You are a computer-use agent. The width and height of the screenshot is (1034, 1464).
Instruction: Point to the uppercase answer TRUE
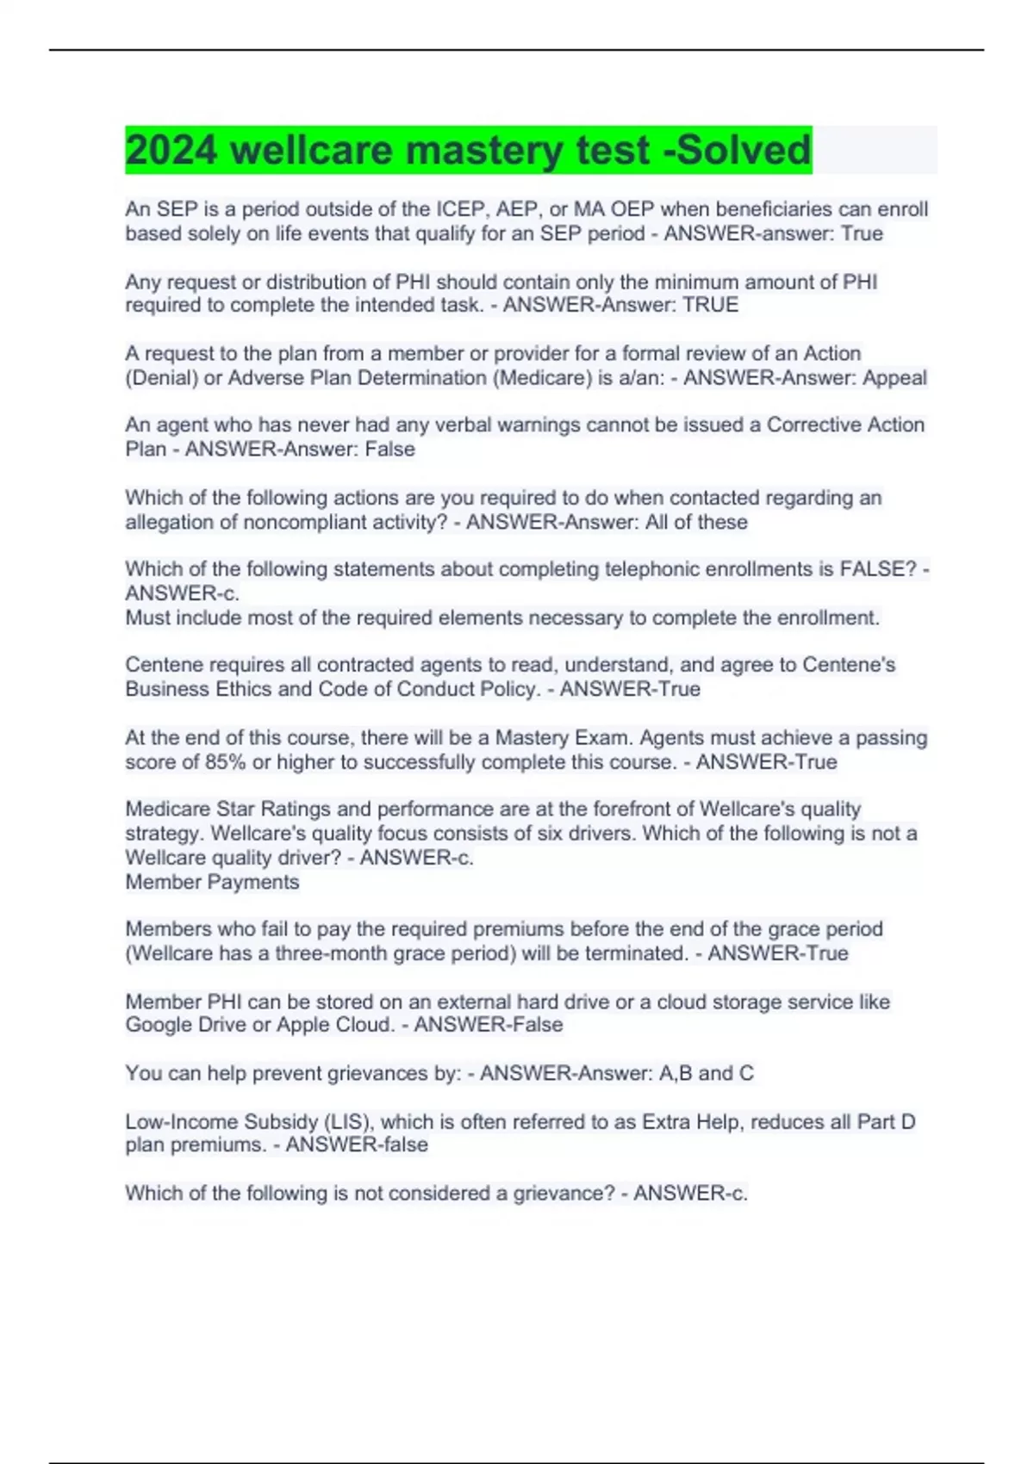click(x=710, y=305)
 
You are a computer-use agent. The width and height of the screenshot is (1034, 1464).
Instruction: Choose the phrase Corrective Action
click(x=845, y=425)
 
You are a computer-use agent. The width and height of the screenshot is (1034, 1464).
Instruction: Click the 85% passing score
click(x=226, y=762)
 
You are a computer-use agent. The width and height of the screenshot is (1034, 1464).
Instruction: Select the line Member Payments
click(x=212, y=882)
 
